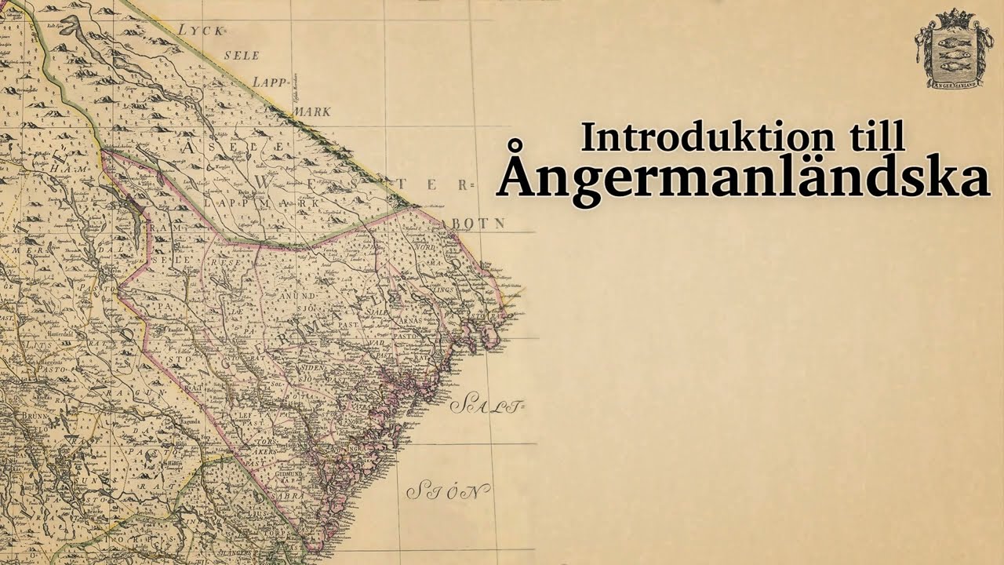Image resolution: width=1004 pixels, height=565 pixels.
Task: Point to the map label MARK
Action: point(311,111)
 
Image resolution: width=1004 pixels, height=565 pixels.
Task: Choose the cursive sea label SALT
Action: point(486,406)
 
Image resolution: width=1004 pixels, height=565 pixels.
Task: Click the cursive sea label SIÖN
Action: point(448,491)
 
